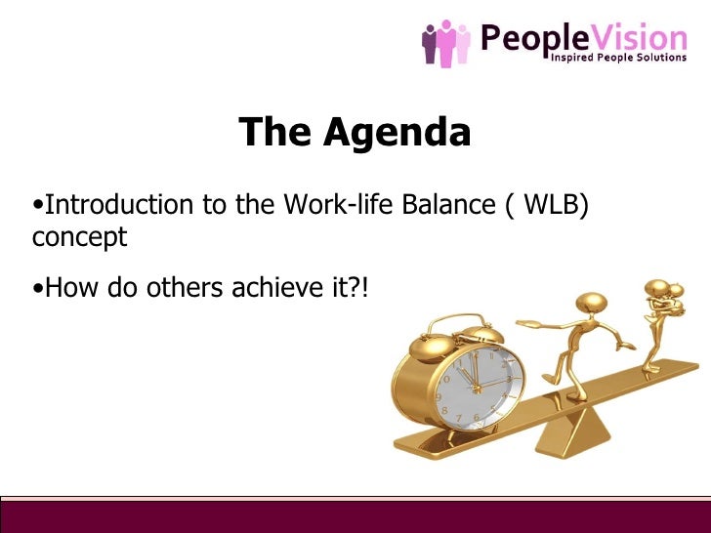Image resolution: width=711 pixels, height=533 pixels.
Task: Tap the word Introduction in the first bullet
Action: (x=106, y=205)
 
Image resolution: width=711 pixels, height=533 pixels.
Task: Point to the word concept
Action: (x=79, y=237)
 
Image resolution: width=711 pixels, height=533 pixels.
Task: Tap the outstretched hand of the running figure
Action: (x=523, y=322)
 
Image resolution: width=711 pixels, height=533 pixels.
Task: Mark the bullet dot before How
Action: (x=37, y=289)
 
